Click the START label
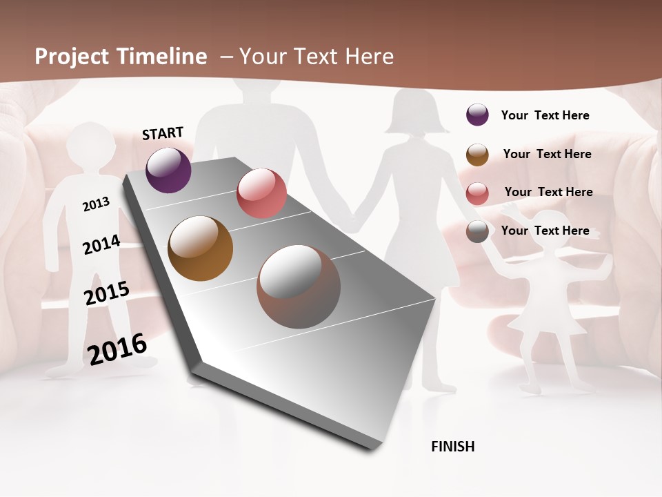[163, 133]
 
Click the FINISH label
[452, 447]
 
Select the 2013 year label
[96, 204]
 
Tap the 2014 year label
[101, 245]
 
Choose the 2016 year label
[117, 349]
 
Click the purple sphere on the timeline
[169, 170]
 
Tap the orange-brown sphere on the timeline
[200, 248]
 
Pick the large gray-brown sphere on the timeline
[298, 286]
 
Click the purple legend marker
[477, 115]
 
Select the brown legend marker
[477, 155]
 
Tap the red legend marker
[477, 193]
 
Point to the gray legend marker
[477, 232]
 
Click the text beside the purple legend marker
[545, 115]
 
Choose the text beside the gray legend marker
[545, 231]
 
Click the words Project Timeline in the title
[121, 57]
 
